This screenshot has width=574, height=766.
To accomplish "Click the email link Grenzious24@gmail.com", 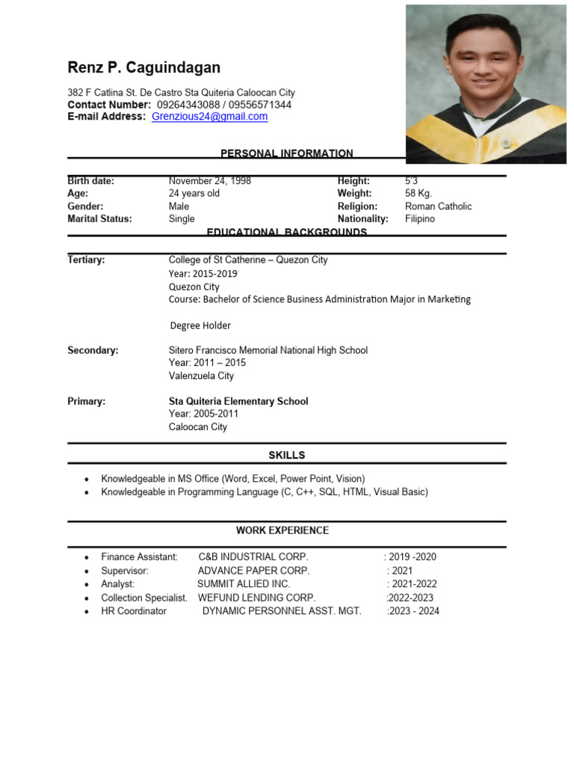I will pyautogui.click(x=209, y=117).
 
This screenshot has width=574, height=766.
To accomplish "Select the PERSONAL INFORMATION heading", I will pyautogui.click(x=286, y=153).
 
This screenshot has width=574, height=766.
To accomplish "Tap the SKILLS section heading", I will pyautogui.click(x=286, y=455).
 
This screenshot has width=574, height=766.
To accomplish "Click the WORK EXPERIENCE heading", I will pyautogui.click(x=282, y=530).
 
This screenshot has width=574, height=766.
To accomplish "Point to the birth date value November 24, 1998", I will pyautogui.click(x=210, y=181).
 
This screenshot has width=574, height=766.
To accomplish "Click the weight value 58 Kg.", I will pyautogui.click(x=419, y=194).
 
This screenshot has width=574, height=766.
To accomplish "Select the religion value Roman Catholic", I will pyautogui.click(x=438, y=206).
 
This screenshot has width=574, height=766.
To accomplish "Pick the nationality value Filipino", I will pyautogui.click(x=419, y=219).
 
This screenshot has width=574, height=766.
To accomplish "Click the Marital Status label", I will pyautogui.click(x=99, y=219).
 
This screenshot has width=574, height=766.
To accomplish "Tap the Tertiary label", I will pyautogui.click(x=86, y=260).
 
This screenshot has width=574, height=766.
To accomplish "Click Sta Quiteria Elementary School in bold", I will pyautogui.click(x=238, y=401).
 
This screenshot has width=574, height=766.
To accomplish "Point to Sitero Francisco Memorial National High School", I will pyautogui.click(x=268, y=350).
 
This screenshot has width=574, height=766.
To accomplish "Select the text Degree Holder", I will pyautogui.click(x=200, y=325).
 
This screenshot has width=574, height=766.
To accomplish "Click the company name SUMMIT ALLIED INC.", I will pyautogui.click(x=244, y=583).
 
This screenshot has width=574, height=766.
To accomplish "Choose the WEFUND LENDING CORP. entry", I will pyautogui.click(x=256, y=598).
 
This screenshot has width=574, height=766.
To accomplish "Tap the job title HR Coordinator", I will pyautogui.click(x=134, y=611).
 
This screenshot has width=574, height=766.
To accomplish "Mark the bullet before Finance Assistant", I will pyautogui.click(x=87, y=557).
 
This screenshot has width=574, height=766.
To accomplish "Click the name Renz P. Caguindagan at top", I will pyautogui.click(x=144, y=68).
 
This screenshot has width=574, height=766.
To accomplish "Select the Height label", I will pyautogui.click(x=354, y=181).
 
